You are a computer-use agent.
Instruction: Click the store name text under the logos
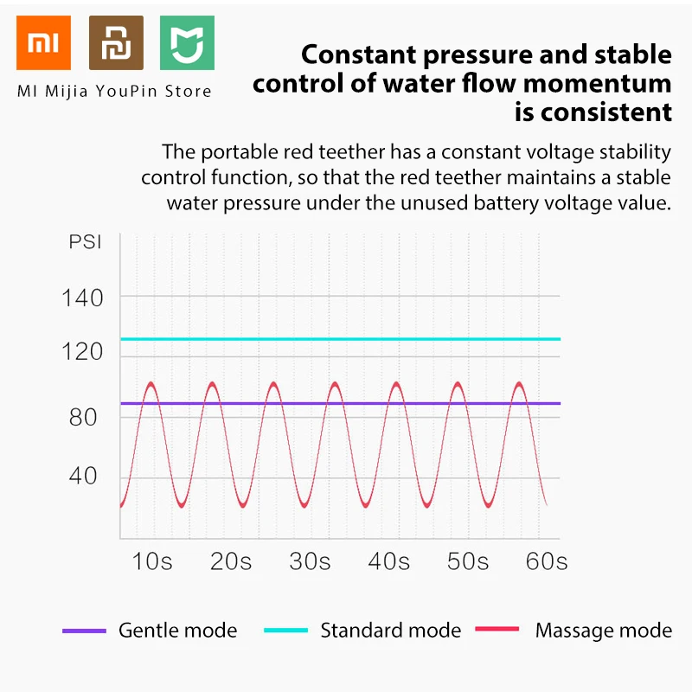coord(115,90)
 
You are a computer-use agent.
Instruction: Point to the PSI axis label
coord(86,241)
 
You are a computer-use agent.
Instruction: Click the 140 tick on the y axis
coord(83,298)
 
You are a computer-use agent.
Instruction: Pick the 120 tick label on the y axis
coord(83,352)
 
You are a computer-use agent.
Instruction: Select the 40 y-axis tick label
coord(84,477)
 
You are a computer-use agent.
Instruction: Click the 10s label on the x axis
coord(152,561)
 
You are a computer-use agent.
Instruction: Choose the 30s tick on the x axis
coord(311,561)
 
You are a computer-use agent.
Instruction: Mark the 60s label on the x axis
coord(547,561)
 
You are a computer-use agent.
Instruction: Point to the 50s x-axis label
coord(468,561)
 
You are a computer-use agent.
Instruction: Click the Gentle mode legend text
coord(177,631)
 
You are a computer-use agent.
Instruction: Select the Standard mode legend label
coord(391,631)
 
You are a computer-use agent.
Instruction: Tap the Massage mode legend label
coord(604,631)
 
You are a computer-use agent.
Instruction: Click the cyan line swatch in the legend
coord(286,631)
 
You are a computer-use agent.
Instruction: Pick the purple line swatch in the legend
coord(84,631)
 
